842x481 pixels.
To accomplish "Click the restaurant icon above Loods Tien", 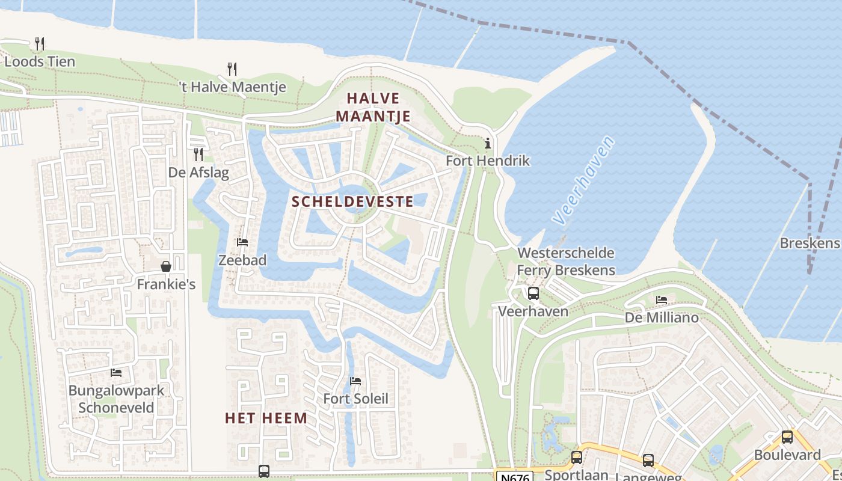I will tap(40, 43).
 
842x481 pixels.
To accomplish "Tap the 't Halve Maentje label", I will tap(233, 87).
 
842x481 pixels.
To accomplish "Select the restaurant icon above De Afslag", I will tap(198, 155).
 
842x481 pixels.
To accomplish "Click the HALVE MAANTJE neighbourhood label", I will tap(373, 107).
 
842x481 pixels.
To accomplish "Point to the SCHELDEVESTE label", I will tap(352, 201).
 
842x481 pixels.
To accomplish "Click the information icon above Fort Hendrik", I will tap(487, 143).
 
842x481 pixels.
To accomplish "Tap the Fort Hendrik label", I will tap(487, 161).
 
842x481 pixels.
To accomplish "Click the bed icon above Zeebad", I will tap(242, 242).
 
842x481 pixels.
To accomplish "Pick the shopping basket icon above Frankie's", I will tap(165, 266).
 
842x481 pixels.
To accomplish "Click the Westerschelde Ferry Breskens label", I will tap(565, 262).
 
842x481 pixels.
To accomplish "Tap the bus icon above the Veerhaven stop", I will tap(533, 293).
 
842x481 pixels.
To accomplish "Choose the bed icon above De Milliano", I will tap(662, 299).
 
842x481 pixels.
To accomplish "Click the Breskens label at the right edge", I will tap(809, 243).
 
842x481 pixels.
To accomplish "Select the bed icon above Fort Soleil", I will tap(355, 381).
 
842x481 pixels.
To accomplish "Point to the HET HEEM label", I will tap(266, 418).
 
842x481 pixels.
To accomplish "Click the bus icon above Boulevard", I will tap(787, 437).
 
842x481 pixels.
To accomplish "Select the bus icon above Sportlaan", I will tap(576, 458).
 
